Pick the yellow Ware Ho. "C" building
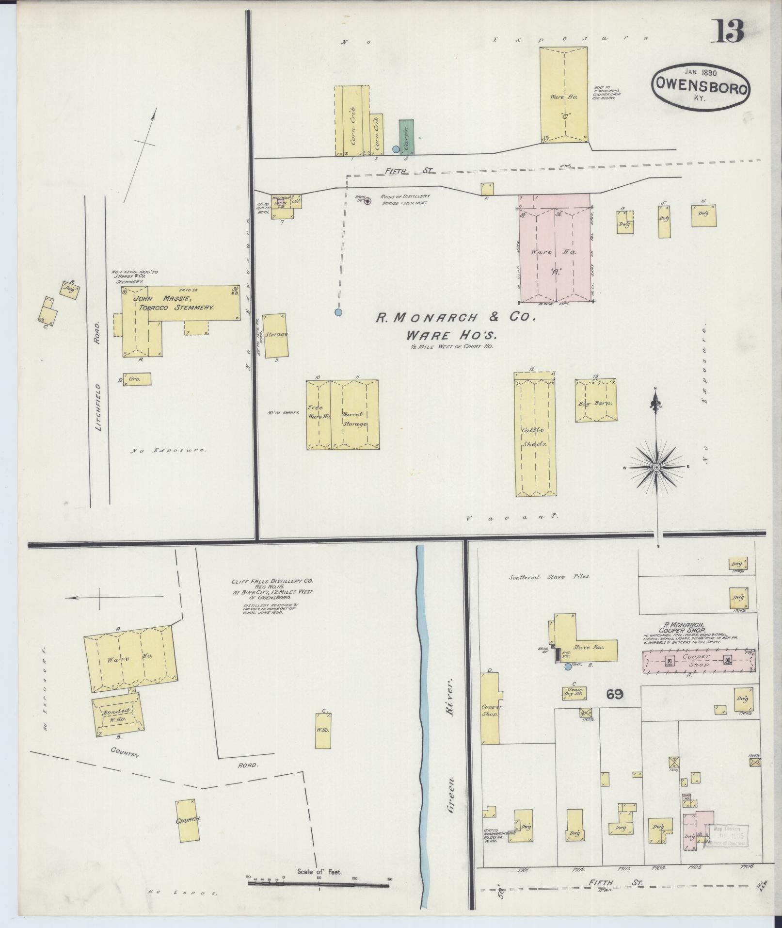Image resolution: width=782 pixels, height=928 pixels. click(x=564, y=95)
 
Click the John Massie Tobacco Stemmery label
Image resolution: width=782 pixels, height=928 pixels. click(x=175, y=303)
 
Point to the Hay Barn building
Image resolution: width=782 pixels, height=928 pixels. click(x=596, y=401)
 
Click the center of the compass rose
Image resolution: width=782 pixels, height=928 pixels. click(x=656, y=467)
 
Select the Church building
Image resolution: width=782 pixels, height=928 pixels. click(x=189, y=820)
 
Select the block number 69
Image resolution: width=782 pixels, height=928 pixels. click(x=614, y=694)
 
